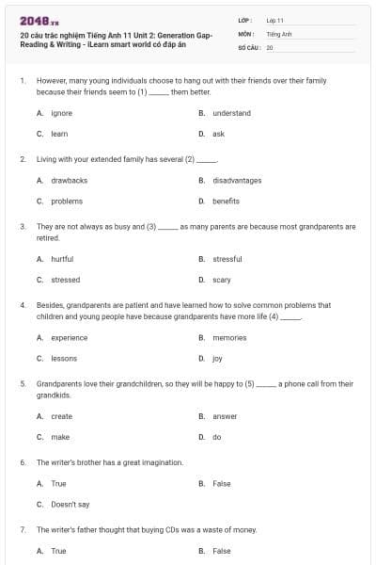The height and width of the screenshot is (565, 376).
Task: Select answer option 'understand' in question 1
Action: point(231,113)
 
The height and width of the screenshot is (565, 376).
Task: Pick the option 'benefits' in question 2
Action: point(226,201)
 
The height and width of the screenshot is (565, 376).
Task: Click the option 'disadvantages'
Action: point(237,180)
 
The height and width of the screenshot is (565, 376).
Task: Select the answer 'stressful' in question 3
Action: point(227,259)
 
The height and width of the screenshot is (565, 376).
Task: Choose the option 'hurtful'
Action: point(62,259)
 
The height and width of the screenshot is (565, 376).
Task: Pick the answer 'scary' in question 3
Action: point(222,280)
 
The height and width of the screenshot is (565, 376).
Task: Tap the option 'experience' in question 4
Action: point(70,337)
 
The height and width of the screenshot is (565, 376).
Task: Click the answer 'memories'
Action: point(229,337)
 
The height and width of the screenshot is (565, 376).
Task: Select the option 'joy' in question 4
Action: point(217,358)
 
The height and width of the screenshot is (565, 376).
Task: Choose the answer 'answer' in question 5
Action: point(225,416)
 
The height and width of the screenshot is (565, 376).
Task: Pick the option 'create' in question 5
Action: point(61,416)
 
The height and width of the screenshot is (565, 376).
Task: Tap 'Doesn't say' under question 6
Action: point(70,504)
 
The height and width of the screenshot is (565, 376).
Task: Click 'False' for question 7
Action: point(222,551)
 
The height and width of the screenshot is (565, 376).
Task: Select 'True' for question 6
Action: point(58,483)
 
